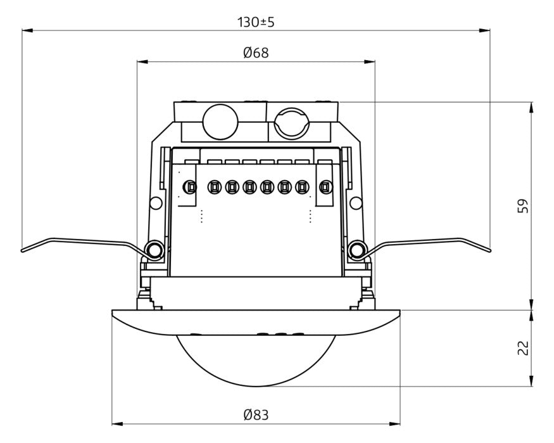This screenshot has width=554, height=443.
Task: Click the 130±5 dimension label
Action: tap(256, 22)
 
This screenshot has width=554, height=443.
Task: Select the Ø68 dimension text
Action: tap(256, 53)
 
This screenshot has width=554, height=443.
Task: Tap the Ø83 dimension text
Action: tap(256, 414)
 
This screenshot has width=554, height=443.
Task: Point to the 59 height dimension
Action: tap(523, 206)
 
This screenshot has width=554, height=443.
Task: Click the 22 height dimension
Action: tap(523, 347)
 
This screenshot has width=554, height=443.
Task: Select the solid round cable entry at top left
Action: tap(220, 121)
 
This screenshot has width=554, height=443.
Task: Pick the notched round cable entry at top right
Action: tap(292, 124)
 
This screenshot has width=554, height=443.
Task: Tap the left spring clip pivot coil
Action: tap(154, 250)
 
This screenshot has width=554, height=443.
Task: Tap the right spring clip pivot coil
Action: tap(357, 250)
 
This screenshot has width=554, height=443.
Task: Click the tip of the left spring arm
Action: tap(22, 251)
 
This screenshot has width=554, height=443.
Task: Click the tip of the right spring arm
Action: tap(489, 251)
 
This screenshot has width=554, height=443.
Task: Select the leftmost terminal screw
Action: tap(190, 186)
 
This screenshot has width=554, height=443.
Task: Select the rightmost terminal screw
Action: tap(325, 186)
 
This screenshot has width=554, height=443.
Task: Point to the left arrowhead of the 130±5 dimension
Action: tap(27, 31)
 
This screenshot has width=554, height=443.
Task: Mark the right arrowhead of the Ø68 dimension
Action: tap(369, 62)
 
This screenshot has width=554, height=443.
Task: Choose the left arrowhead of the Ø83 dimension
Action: tap(117, 423)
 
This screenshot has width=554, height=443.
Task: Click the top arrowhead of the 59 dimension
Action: tap(531, 108)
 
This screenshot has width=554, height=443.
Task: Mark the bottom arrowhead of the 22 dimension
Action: tap(531, 381)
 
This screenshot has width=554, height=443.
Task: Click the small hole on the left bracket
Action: tap(156, 203)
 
